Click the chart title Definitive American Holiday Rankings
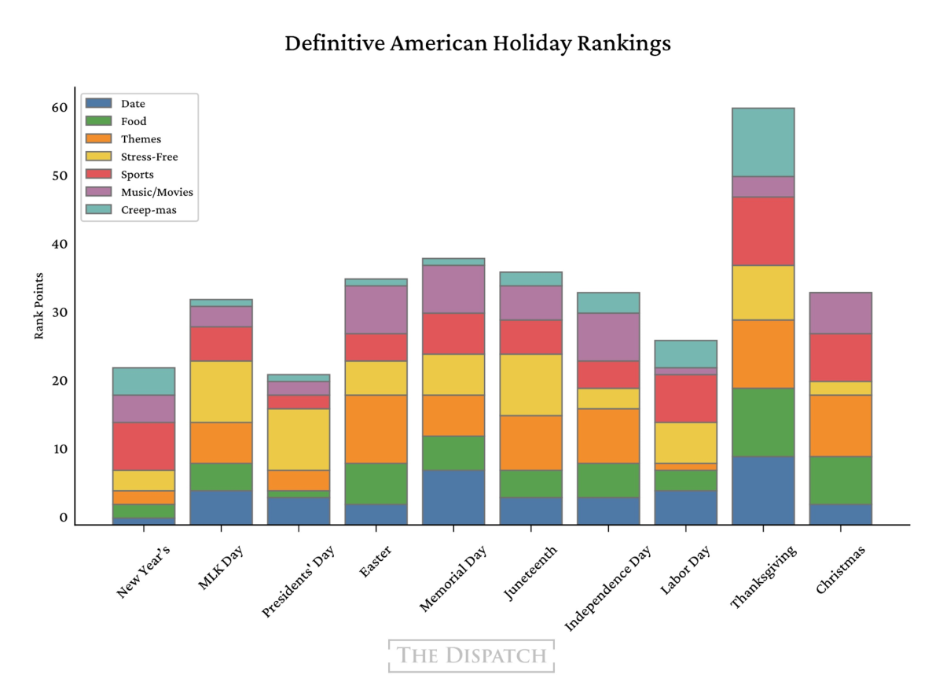pos(477,43)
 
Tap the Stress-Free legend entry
pos(149,157)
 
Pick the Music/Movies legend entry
pos(156,192)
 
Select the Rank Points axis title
pos(39,306)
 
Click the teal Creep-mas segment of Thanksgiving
pos(762,142)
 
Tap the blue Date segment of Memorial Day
pos(453,497)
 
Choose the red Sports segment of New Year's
pos(144,446)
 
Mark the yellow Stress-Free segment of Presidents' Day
pos(299,439)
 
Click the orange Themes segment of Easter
pos(376,429)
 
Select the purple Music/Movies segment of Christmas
pos(840,313)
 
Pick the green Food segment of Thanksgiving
pos(762,422)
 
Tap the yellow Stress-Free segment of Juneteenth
pos(530,385)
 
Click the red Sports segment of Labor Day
pos(685,398)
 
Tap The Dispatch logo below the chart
pos(472,655)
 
